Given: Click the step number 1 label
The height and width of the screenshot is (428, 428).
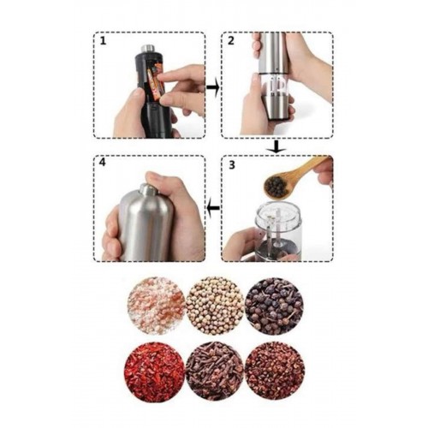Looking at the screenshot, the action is [103, 41].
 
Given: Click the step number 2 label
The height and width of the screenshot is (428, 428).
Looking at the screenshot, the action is [230, 41].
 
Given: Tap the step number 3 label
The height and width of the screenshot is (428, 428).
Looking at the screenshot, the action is [232, 165].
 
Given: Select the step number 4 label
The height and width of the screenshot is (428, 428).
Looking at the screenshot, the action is [103, 163].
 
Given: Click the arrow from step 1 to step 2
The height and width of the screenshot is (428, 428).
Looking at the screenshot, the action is [212, 87].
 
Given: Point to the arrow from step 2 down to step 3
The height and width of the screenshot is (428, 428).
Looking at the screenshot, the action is [276, 146].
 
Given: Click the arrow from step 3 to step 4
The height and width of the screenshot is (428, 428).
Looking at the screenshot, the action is [213, 208].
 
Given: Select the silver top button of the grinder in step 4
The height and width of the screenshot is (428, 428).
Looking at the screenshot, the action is [147, 189].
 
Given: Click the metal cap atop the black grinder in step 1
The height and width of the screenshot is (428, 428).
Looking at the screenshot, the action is [148, 49].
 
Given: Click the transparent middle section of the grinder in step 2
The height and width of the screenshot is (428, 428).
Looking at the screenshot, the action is [274, 85].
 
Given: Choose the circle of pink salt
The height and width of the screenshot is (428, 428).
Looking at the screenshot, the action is [157, 306].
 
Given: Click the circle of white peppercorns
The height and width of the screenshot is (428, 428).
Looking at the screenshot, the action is [215, 306].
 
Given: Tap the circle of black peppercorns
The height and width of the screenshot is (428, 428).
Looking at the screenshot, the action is [274, 306].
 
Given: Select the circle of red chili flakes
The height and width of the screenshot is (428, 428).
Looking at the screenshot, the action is [154, 371].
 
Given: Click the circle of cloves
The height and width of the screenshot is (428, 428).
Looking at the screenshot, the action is [215, 371].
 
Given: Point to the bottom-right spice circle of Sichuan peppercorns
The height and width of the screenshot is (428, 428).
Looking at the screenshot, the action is [275, 371].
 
